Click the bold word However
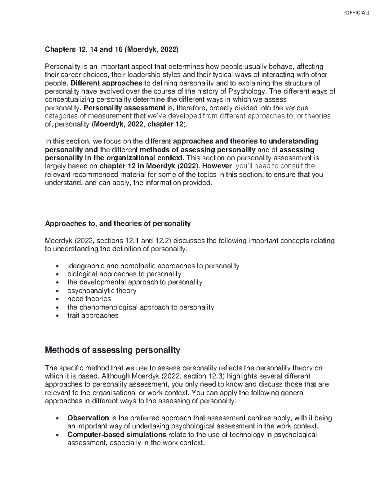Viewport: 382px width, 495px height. click(218, 166)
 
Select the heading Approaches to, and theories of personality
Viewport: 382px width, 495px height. click(118, 224)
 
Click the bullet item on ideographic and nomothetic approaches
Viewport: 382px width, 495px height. click(153, 266)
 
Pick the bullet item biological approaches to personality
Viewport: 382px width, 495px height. click(124, 274)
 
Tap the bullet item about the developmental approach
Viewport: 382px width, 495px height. click(135, 282)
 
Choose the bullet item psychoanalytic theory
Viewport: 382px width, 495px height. click(102, 291)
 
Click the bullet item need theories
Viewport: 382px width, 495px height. click(89, 299)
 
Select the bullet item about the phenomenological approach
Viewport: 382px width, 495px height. click(140, 307)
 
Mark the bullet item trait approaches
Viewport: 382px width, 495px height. click(93, 316)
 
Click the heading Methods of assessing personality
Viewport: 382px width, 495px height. click(113, 350)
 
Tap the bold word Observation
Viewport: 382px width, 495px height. click(88, 418)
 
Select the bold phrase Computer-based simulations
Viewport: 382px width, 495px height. click(117, 435)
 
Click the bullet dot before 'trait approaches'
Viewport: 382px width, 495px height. click(57, 316)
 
